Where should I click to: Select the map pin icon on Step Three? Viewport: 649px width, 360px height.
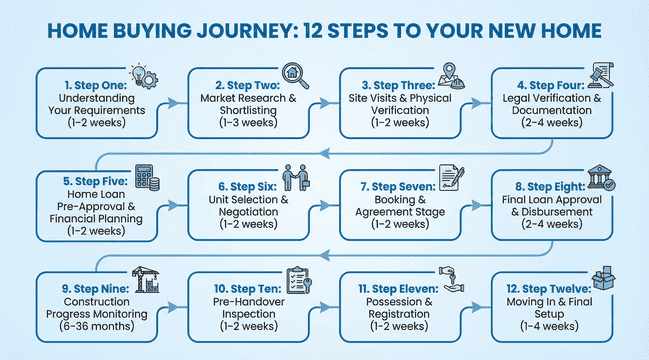pyautogui.click(x=447, y=72)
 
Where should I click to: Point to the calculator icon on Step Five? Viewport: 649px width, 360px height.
pyautogui.click(x=147, y=179)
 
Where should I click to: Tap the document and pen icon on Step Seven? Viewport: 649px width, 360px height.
pyautogui.click(x=450, y=176)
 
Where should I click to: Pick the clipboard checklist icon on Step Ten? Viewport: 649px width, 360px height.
pyautogui.click(x=298, y=279)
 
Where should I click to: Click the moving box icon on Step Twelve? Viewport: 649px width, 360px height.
pyautogui.click(x=602, y=279)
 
